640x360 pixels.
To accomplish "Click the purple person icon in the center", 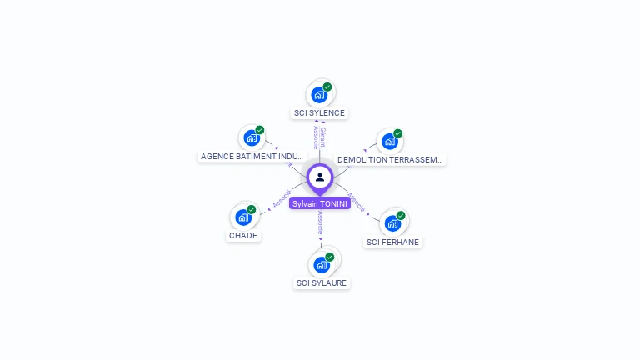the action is tap(320, 177).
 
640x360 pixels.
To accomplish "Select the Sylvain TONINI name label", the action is tap(320, 203).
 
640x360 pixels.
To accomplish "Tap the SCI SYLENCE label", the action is tap(319, 113).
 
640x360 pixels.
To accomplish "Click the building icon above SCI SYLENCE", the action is tap(318, 95).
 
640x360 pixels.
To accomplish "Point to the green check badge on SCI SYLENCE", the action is tap(327, 87).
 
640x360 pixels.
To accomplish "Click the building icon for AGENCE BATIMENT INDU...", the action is tap(251, 138).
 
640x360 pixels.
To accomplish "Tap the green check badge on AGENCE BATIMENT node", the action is tap(260, 130).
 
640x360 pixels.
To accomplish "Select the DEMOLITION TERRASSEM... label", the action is tap(390, 159).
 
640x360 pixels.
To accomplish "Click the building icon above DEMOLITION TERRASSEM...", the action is tap(388, 142).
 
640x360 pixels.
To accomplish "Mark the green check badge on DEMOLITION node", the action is tap(398, 133).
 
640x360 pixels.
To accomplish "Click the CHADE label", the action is tap(243, 236).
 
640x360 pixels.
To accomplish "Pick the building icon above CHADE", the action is tap(242, 217).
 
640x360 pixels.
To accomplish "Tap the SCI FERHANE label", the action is tap(393, 242).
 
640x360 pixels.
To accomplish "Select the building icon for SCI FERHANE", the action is tap(392, 223).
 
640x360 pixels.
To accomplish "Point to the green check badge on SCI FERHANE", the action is tap(401, 215).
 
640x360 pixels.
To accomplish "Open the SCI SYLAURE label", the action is tap(322, 283).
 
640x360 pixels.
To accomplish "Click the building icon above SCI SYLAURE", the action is tap(321, 265).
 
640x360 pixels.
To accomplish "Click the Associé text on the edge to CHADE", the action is tap(282, 199).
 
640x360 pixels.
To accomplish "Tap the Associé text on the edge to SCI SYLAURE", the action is tap(320, 222).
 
